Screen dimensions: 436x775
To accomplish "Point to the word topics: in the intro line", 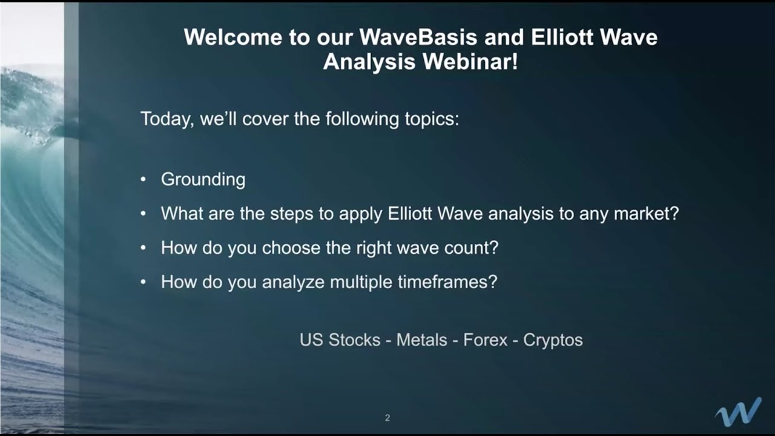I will click(430, 118).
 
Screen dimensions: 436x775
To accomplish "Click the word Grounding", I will click(203, 180).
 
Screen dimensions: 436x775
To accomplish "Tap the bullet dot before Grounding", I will click(143, 180).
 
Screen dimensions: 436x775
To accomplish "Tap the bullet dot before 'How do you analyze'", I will click(143, 282).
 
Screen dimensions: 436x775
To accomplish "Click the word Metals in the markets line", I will click(421, 340).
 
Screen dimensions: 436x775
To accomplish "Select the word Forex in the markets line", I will click(485, 340).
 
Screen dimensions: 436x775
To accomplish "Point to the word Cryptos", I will click(553, 340).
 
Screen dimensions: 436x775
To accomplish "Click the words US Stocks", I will click(340, 340).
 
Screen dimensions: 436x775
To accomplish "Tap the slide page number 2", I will click(387, 418).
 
